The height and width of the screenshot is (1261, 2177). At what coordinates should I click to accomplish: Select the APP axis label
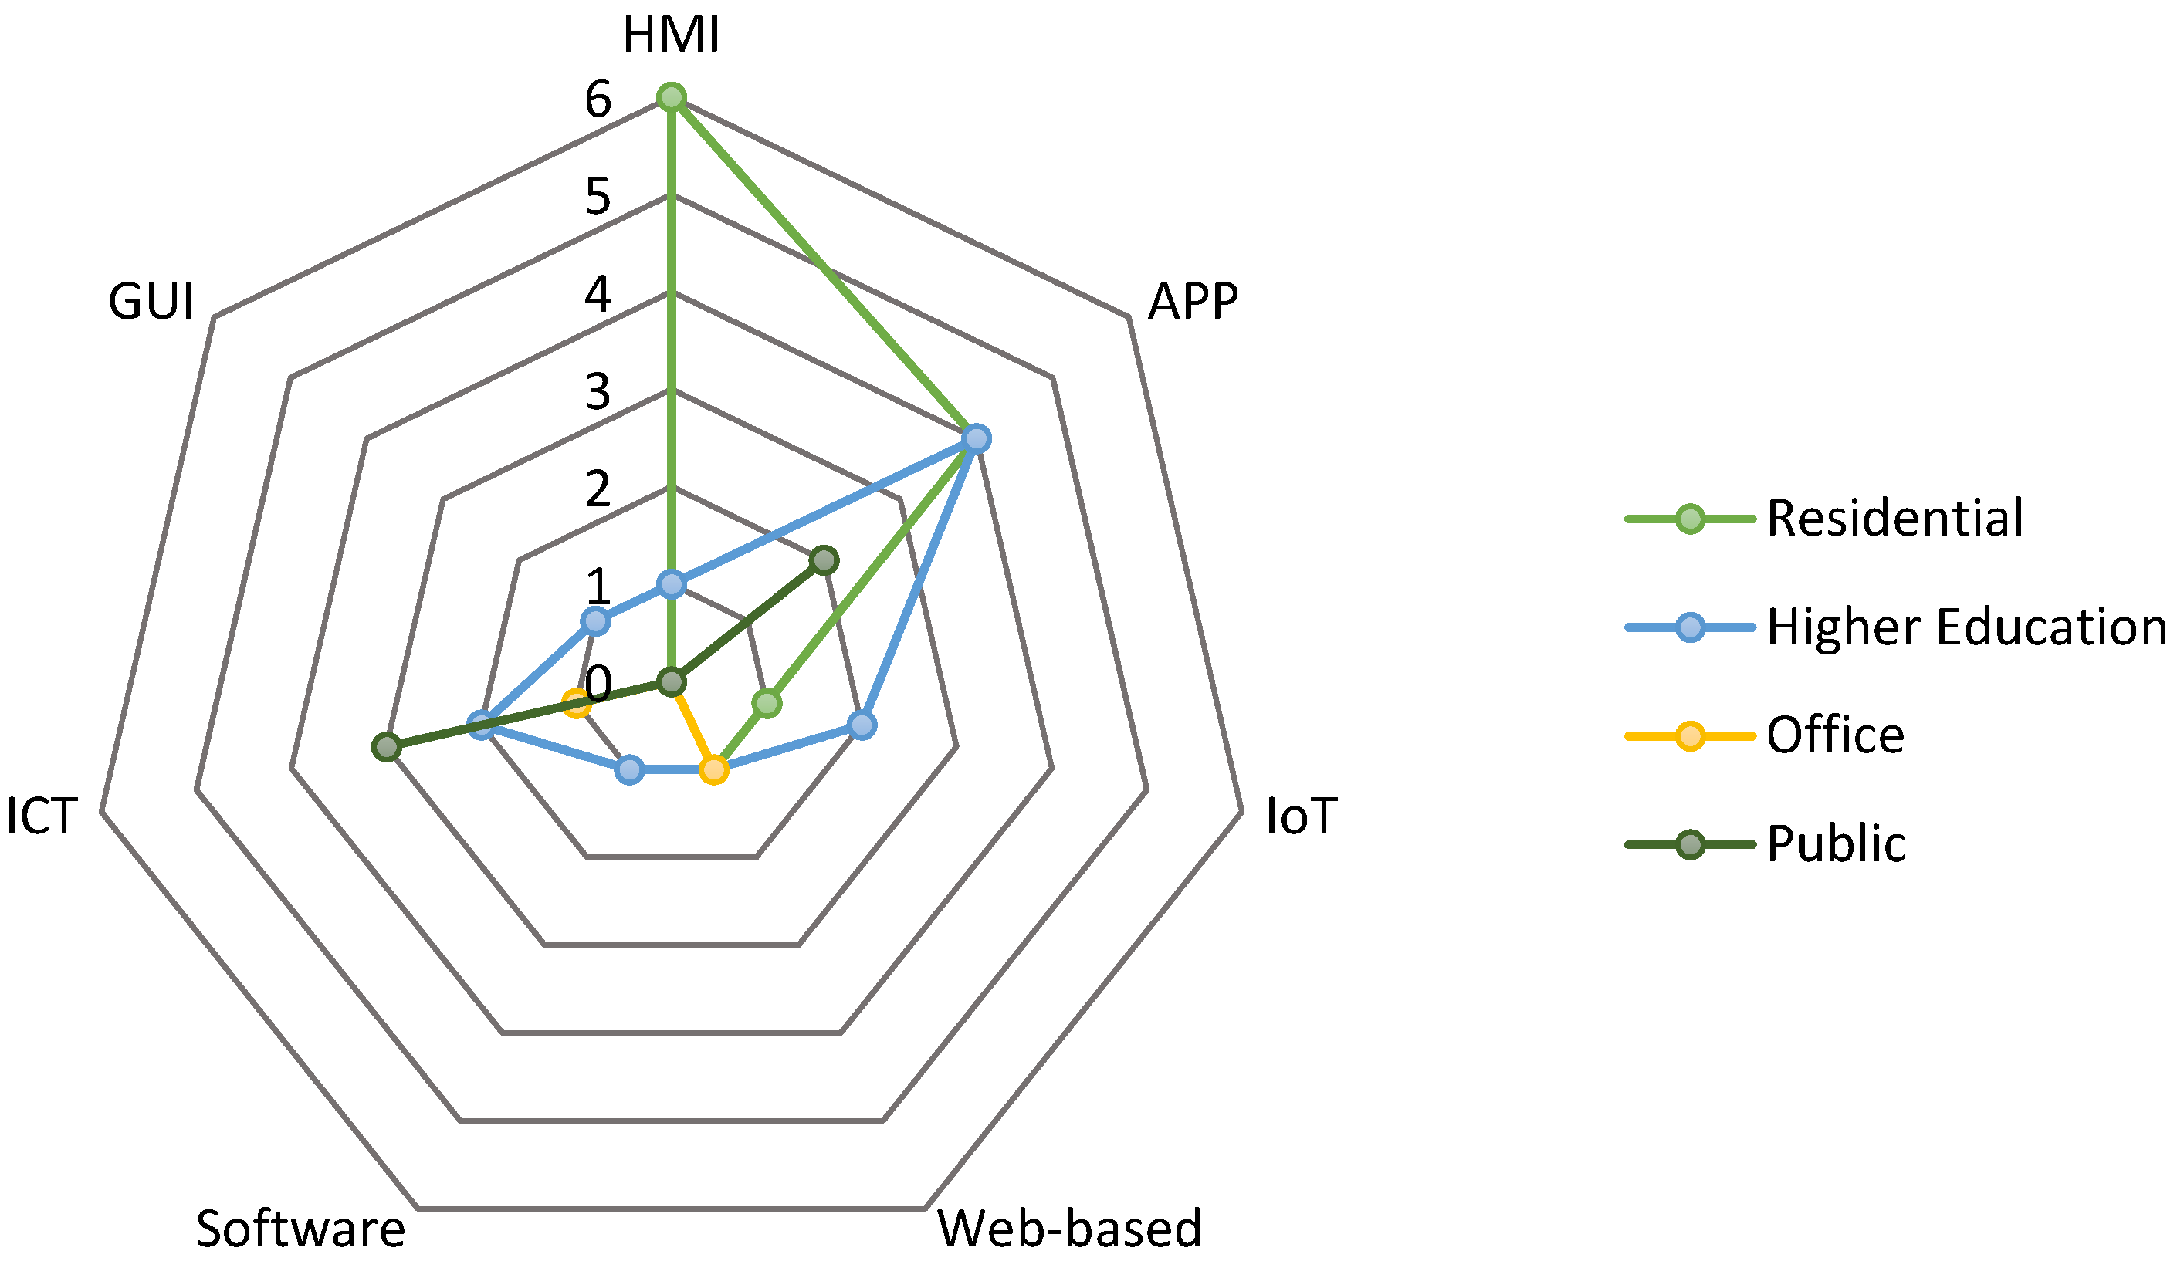click(1193, 303)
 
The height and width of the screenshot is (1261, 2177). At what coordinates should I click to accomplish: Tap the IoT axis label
click(1301, 816)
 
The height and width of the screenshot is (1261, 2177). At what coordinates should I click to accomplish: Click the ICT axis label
click(42, 816)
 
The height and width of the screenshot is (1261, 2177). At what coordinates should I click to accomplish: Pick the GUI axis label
click(151, 303)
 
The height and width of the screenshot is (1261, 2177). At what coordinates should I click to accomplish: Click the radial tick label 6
click(598, 100)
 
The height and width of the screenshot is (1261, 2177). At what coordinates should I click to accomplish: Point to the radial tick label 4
click(598, 295)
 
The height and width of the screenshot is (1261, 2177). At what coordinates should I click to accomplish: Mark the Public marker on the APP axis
click(824, 560)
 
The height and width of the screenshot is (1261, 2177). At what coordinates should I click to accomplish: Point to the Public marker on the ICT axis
click(386, 747)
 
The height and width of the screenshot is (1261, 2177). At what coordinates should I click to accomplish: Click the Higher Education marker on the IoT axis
click(862, 725)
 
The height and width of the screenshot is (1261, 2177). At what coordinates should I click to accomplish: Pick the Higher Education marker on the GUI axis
click(594, 621)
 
